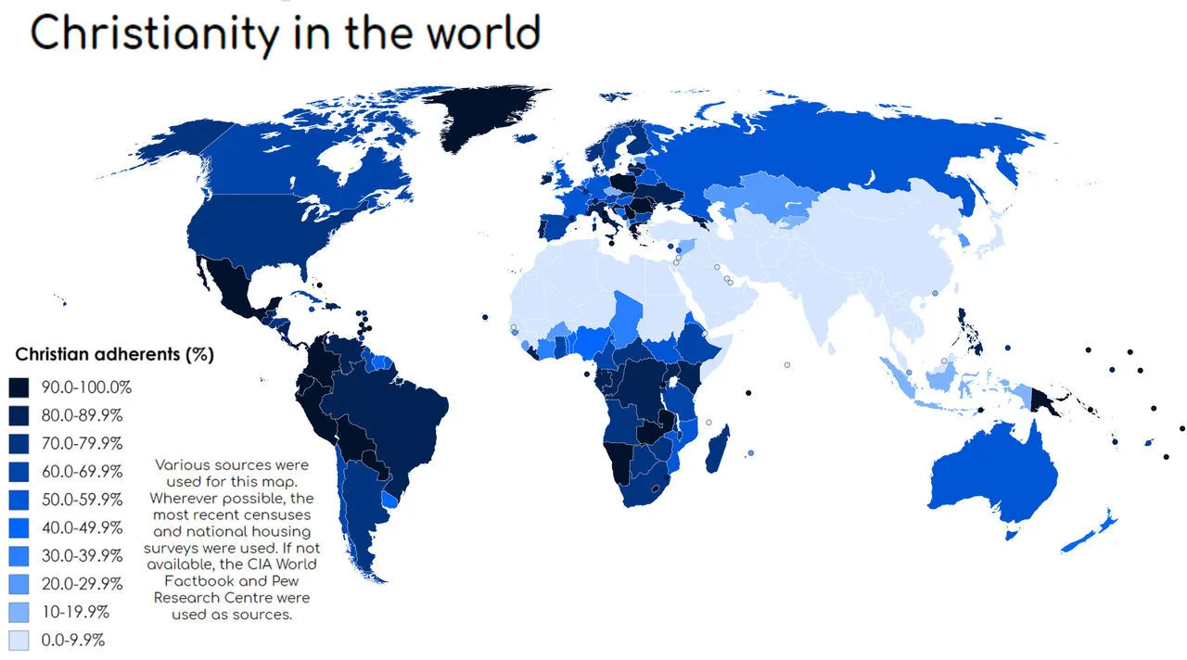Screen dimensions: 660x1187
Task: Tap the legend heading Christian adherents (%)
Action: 115,355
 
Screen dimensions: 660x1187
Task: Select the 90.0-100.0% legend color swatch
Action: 19,387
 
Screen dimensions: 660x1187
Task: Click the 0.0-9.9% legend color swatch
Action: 19,640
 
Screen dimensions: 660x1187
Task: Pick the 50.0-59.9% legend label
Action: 82,500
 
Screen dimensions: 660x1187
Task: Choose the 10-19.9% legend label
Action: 76,612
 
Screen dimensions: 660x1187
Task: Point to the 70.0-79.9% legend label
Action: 82,443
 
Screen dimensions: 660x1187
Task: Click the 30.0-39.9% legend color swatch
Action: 19,556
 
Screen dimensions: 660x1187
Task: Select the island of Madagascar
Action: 716,449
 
